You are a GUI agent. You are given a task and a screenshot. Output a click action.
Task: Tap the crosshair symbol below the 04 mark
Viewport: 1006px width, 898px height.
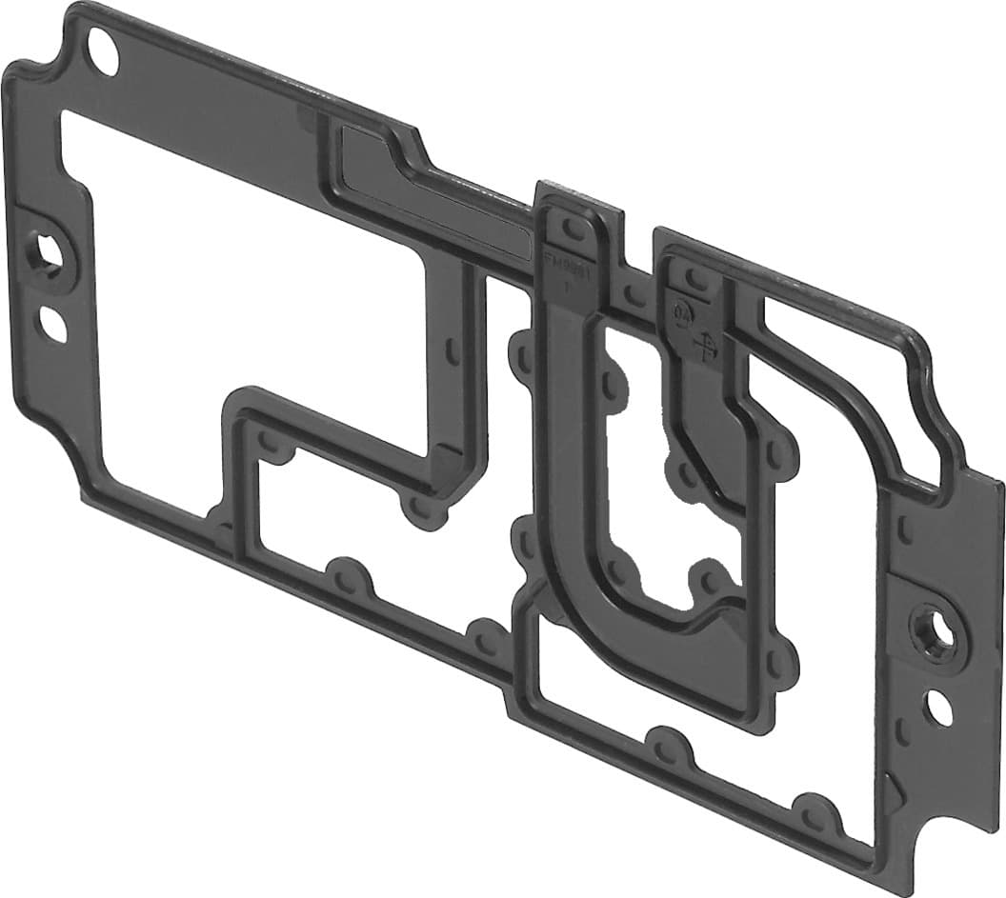pos(707,346)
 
